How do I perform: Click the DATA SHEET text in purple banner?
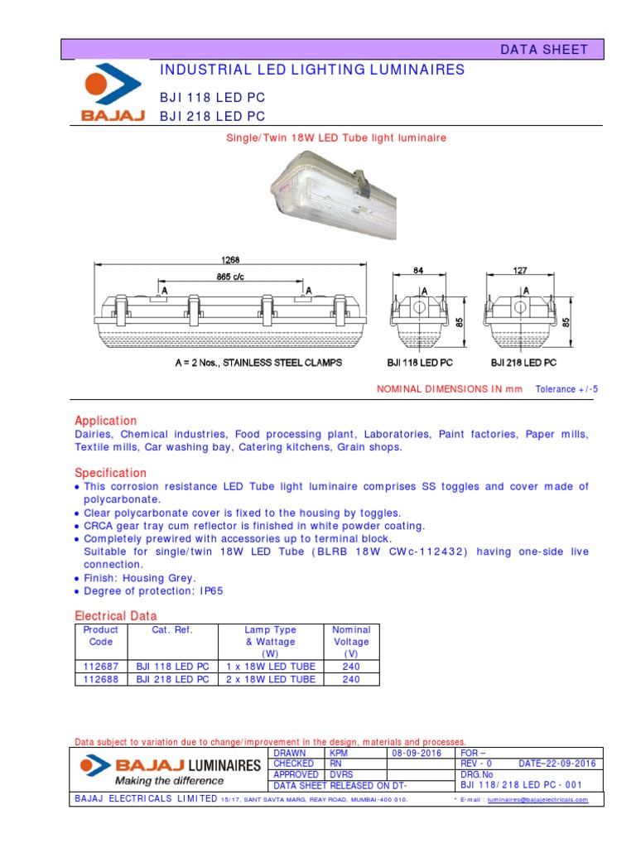(543, 50)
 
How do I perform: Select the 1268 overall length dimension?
(232, 260)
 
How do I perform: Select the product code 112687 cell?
(102, 667)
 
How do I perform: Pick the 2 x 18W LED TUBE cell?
(271, 679)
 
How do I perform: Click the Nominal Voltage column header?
(351, 642)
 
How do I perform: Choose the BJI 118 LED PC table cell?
(172, 667)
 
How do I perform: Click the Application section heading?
(106, 421)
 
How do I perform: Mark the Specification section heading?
(110, 472)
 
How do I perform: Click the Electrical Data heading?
(115, 616)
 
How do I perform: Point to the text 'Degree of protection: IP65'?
(153, 591)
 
